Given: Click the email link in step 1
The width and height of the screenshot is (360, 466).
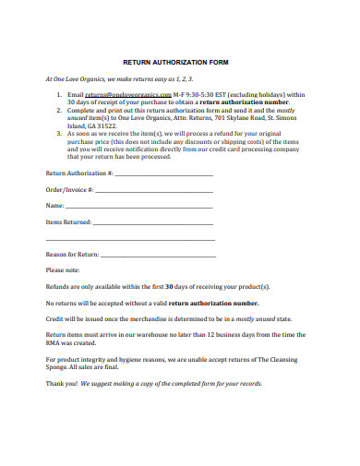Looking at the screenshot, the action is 128,95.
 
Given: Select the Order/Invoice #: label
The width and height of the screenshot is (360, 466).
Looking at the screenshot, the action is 69,189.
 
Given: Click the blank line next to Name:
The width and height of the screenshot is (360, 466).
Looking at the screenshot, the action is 138,206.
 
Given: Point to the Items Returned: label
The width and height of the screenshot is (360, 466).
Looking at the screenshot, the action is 69,222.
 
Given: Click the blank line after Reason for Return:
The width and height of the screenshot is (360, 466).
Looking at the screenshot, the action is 157,254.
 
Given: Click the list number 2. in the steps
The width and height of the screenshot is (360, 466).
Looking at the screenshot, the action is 59,110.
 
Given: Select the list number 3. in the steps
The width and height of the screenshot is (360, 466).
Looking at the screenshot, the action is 59,133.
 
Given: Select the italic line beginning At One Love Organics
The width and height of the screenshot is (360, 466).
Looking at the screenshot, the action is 110,79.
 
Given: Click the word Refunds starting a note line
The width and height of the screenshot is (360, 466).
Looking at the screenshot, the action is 60,286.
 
